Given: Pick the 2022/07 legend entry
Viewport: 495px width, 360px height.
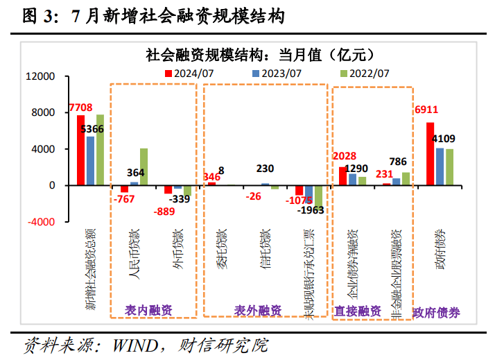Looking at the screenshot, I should [x=364, y=72].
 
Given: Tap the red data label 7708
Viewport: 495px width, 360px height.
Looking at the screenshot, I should [x=80, y=108].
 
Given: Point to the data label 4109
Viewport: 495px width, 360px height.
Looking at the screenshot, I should [x=444, y=139].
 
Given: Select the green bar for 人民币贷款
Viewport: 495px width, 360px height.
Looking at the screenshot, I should [x=144, y=166].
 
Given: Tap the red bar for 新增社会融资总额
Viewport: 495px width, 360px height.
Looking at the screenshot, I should [x=80, y=150].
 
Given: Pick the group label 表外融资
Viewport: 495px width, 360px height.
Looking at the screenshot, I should [x=257, y=310].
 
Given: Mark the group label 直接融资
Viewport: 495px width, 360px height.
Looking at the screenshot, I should [x=358, y=311].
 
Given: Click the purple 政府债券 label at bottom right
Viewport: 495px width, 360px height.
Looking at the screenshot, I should [x=436, y=312].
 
